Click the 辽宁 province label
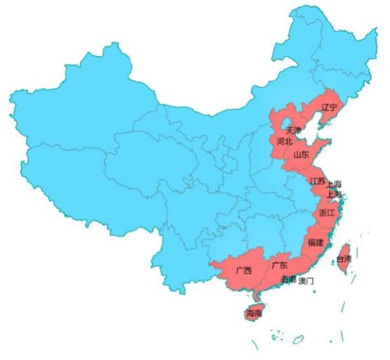[329, 108]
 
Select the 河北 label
[285, 141]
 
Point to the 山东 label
[301, 155]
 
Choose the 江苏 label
[317, 181]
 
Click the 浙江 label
[327, 212]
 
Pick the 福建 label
[315, 243]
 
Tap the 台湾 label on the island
[344, 259]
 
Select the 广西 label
[244, 270]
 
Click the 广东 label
[279, 266]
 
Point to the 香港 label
[289, 280]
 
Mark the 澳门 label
[306, 281]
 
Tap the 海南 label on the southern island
[254, 313]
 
